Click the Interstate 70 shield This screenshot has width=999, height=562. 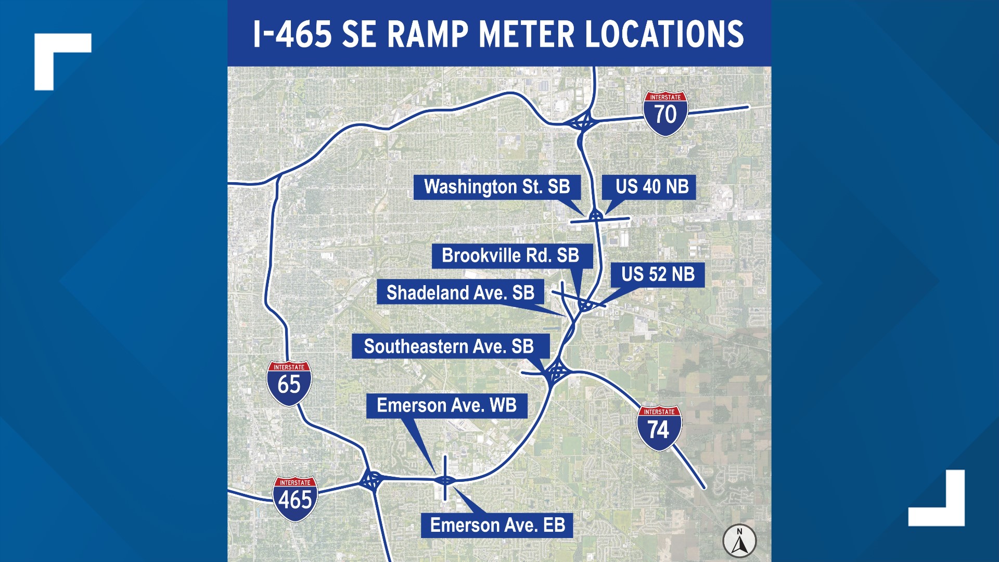point(665,113)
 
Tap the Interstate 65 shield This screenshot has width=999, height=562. point(289,384)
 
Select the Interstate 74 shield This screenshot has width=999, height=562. point(659,428)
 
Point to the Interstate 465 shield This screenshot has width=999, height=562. point(295,499)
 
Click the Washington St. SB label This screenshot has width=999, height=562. point(497,187)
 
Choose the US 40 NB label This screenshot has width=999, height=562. point(651,187)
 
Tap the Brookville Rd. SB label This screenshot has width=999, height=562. point(510,256)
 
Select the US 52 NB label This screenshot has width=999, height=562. point(658,274)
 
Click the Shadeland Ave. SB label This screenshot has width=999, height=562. point(460,293)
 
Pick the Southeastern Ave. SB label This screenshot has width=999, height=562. point(449,347)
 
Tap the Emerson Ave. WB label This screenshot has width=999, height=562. point(446,405)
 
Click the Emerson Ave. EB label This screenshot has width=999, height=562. point(497,525)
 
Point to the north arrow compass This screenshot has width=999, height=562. point(739,541)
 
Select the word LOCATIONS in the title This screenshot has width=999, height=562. point(664,34)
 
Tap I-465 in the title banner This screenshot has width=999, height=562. point(292,34)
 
